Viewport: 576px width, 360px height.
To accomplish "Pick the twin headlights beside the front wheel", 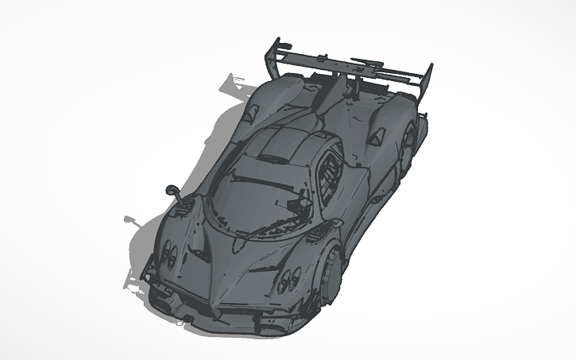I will (x=285, y=280).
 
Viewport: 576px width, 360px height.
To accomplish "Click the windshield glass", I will (x=242, y=192).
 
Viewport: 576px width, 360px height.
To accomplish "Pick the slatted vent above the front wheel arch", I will (x=318, y=230).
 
